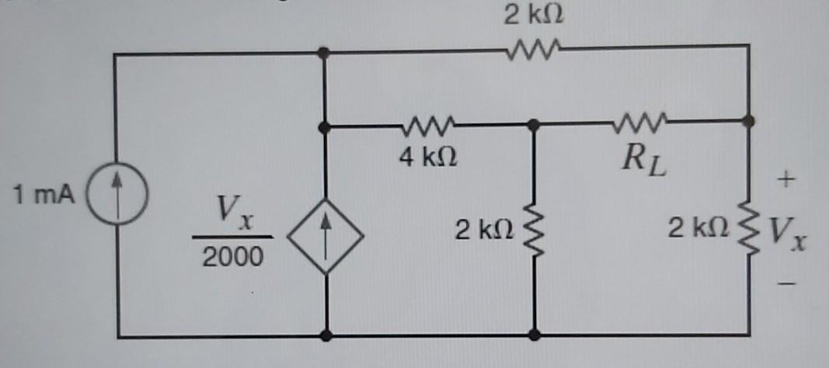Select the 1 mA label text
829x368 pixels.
44,193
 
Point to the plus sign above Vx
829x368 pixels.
786,182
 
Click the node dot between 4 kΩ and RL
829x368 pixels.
534,124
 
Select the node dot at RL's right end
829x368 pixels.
747,121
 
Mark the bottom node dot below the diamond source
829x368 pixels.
326,335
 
